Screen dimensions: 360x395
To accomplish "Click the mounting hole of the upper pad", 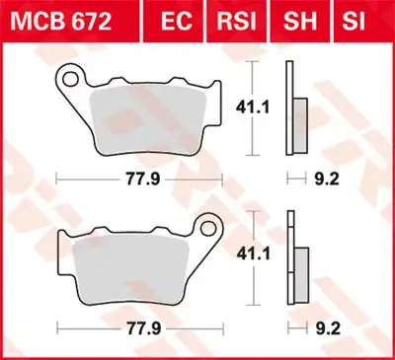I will (71, 75).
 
